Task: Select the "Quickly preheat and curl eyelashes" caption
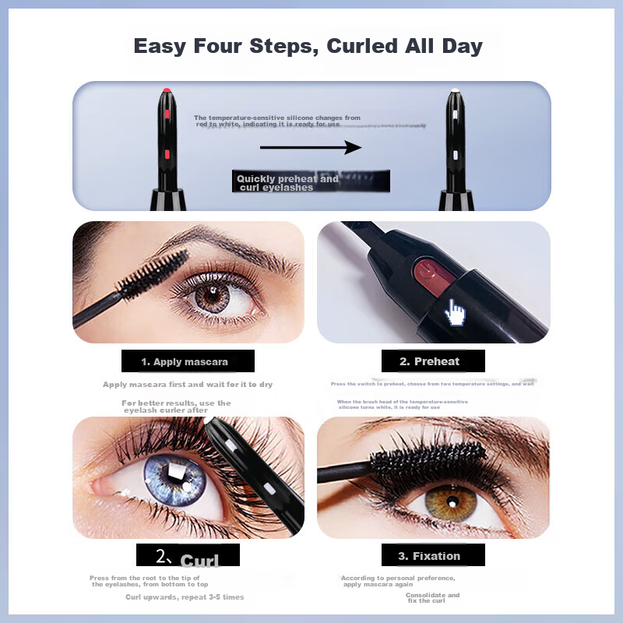pyautogui.click(x=288, y=183)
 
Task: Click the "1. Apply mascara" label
pyautogui.click(x=187, y=361)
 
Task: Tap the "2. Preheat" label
pyautogui.click(x=432, y=361)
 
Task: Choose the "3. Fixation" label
pyautogui.click(x=432, y=556)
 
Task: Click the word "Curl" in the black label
pyautogui.click(x=199, y=561)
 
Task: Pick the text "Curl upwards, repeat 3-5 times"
pyautogui.click(x=185, y=597)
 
